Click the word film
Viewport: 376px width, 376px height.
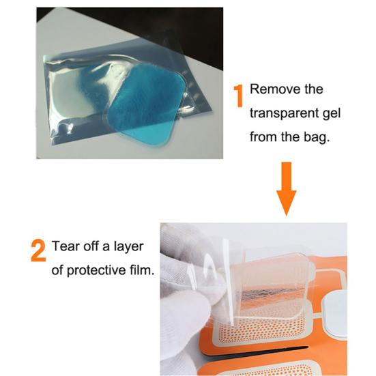click(142, 269)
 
